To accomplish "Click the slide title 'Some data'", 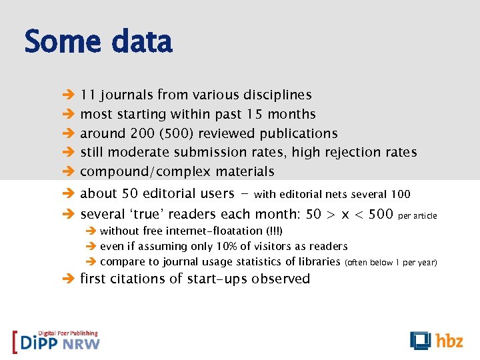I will pos(98,42).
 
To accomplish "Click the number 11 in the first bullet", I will pos(87,95).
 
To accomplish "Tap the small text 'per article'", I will pos(417,216).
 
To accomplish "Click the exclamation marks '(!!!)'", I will pos(274,231).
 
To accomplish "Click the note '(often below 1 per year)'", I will pos(391,263).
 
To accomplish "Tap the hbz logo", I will pos(436,340).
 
